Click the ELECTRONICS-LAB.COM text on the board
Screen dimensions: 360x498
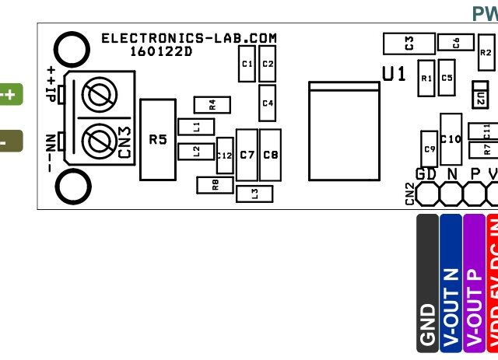[x=189, y=38]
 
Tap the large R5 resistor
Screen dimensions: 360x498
[x=158, y=140]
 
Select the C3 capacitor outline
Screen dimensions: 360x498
[x=408, y=41]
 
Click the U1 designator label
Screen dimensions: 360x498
[x=394, y=74]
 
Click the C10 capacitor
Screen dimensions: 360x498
[x=451, y=139]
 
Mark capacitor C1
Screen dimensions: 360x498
[x=247, y=64]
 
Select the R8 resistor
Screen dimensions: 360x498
[x=216, y=185]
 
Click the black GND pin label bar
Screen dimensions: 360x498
[x=427, y=284]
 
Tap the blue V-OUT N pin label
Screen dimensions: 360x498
[x=451, y=284]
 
